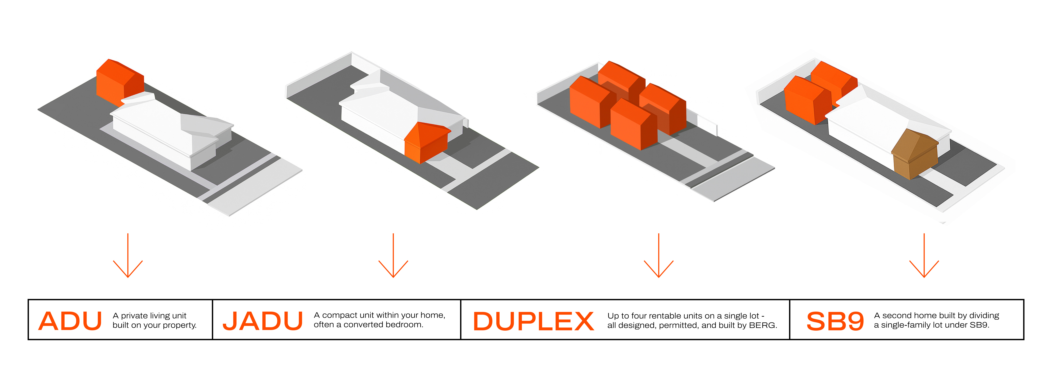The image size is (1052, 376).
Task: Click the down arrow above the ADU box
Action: (x=128, y=256)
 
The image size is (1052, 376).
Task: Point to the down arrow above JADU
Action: (x=393, y=256)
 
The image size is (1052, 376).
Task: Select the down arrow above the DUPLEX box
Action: (x=659, y=256)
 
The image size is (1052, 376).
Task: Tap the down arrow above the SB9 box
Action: (x=924, y=256)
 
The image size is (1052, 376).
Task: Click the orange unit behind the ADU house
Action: (x=120, y=83)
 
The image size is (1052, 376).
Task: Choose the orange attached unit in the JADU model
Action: (x=426, y=143)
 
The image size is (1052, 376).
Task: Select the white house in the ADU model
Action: (x=171, y=131)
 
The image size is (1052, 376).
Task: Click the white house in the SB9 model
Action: (x=886, y=122)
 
